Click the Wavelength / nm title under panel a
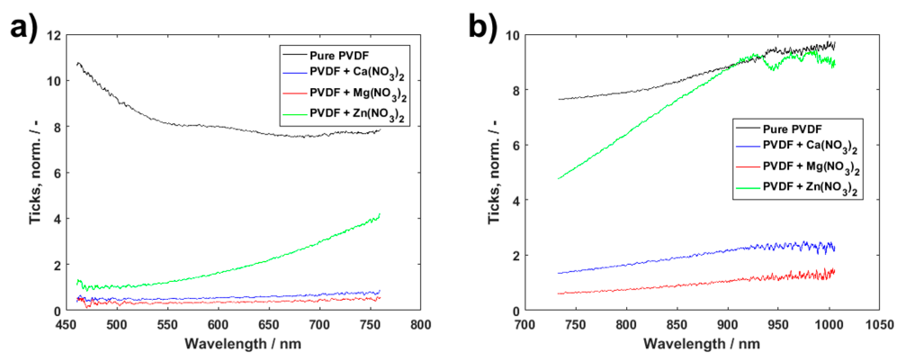(x=243, y=344)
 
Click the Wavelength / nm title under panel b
(x=702, y=344)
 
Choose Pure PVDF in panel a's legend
(x=339, y=56)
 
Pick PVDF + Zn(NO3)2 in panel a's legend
(x=357, y=114)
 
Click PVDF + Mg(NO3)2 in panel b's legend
(x=811, y=167)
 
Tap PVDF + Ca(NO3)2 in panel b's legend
(x=810, y=146)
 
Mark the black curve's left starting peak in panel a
(x=78, y=63)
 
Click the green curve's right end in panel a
(x=379, y=214)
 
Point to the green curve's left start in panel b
(x=559, y=179)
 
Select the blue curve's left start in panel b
(x=559, y=273)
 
